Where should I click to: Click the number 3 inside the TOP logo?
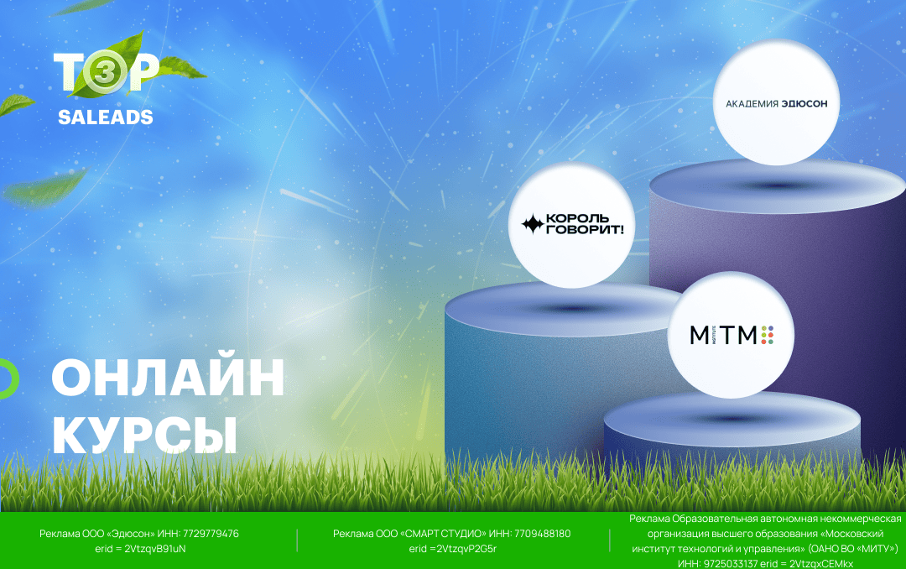point(105,74)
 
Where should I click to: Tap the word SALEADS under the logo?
point(106,117)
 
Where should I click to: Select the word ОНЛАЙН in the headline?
point(168,378)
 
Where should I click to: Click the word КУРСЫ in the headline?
point(144,435)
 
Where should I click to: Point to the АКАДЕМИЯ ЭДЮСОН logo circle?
point(776,102)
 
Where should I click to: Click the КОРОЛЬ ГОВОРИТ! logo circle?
point(571,225)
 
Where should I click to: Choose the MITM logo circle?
point(731,335)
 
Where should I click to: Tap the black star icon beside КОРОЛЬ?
point(532,224)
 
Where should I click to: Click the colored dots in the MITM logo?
point(768,335)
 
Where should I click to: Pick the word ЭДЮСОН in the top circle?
point(804,103)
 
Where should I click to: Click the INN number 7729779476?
point(211,534)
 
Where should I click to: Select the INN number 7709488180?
point(543,534)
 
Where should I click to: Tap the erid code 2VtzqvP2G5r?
point(466,549)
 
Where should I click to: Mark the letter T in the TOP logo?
point(68,71)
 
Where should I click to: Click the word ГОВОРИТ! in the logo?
point(585,230)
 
